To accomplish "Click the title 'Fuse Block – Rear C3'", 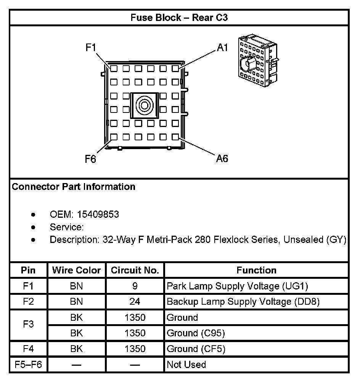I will (x=179, y=18).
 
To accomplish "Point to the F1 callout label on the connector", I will (x=91, y=48).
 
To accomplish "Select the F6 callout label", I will (x=91, y=159).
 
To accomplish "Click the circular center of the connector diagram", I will (x=144, y=104).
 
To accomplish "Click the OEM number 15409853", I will (x=98, y=214).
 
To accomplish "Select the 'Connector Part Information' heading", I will (x=74, y=187).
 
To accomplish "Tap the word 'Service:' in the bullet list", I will (x=67, y=227).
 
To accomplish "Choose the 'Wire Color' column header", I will (x=77, y=270).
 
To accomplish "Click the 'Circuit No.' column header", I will (x=135, y=270).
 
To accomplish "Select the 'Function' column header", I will (x=256, y=270).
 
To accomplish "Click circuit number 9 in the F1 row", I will (x=135, y=286).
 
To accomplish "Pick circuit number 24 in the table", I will (x=135, y=302).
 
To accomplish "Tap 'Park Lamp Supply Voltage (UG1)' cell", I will (x=237, y=286).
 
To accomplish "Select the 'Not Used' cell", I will (x=186, y=365).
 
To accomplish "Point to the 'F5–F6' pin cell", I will (x=28, y=365).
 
